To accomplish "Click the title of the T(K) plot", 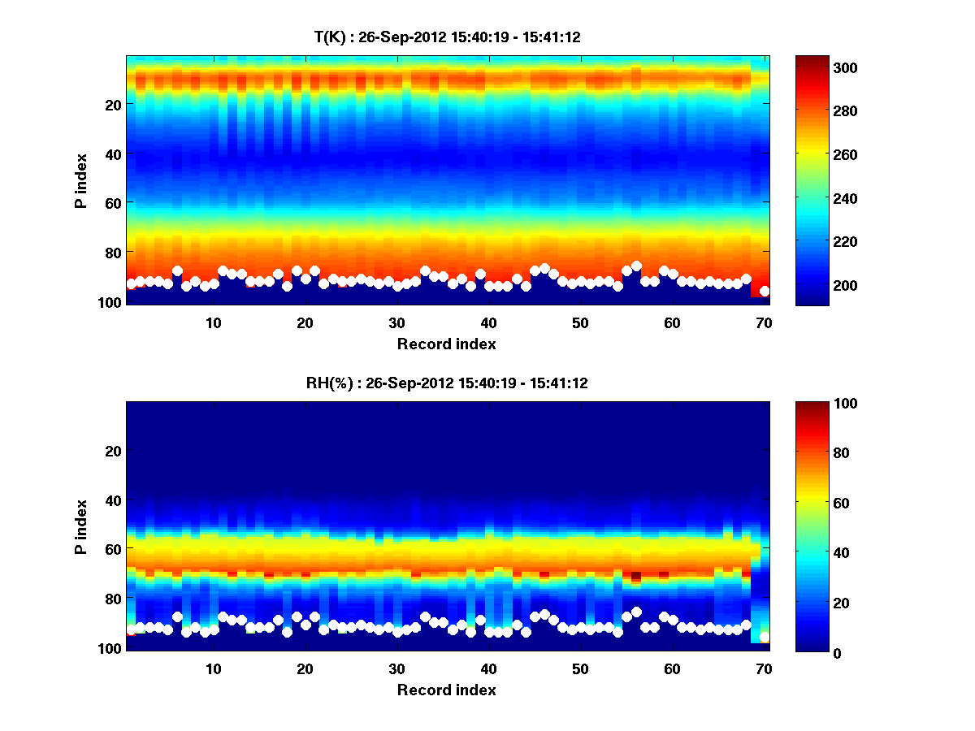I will pos(447,37).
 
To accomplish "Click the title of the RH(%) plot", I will pos(447,383).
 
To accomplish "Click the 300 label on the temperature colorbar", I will pos(825,67).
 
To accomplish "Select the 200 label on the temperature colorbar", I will pos(825,285).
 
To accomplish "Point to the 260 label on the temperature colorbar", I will pos(825,154).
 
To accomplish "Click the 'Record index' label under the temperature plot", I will pos(447,344).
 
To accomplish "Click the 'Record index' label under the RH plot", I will pos(447,690).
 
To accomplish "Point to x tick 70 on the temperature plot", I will pos(764,322).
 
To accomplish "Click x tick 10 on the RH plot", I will pos(213,668).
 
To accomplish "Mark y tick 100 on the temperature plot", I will pos(111,301).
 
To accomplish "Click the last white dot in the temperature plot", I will pos(765,291).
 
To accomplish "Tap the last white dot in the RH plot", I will pos(765,637).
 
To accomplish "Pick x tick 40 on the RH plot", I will pos(488,668).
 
